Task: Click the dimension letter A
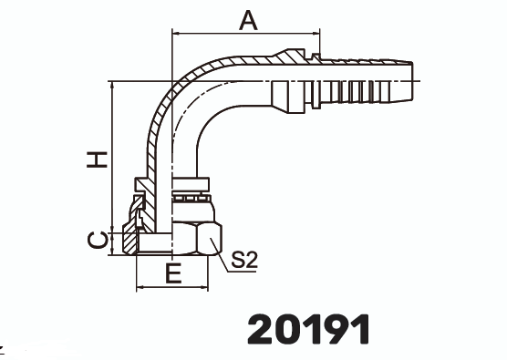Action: [248, 20]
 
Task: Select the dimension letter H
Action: [97, 159]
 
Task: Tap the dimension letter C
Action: [98, 241]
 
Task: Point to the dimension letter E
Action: [173, 273]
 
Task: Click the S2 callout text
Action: [244, 260]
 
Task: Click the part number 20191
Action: [308, 329]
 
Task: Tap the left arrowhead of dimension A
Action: [177, 33]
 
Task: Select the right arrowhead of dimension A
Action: [316, 33]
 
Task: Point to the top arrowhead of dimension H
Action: [112, 86]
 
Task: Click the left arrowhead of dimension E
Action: [140, 287]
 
